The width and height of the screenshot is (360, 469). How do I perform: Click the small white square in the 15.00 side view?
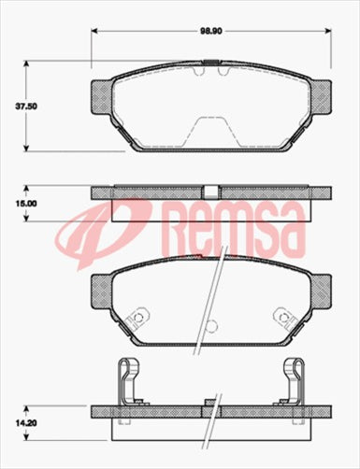[x=211, y=192]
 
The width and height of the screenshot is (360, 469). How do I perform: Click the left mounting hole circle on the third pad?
[x=139, y=317]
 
